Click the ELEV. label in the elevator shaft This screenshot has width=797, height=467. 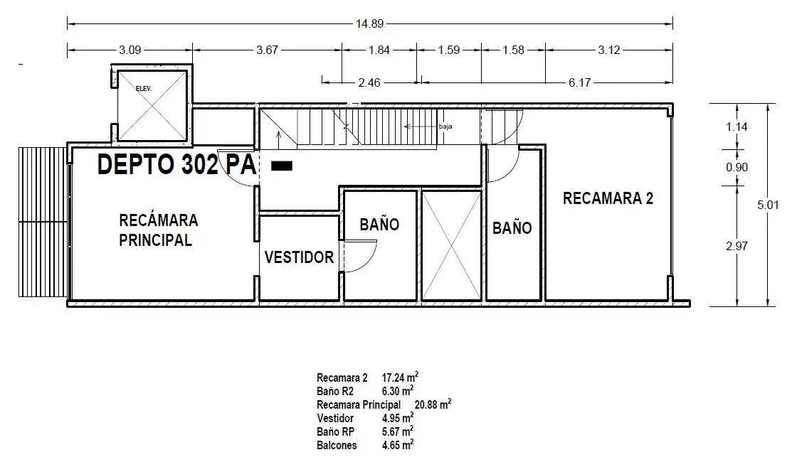coord(144,89)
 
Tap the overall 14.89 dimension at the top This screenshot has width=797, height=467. coord(369,23)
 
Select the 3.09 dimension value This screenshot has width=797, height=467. coord(130,50)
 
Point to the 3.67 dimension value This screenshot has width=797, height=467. coord(268,50)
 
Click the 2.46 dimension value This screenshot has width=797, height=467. coord(369,82)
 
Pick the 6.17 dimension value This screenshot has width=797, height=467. coord(579,82)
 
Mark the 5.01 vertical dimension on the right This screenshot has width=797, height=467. coord(768,205)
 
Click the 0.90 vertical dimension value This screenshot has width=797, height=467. coord(737,167)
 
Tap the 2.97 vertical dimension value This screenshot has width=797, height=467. coord(737,246)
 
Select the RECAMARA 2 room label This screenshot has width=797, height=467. coord(608,198)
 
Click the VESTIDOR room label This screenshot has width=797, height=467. coord(299,257)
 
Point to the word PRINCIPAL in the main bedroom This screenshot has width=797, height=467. coord(156,240)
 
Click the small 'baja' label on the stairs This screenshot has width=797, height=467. coord(445,127)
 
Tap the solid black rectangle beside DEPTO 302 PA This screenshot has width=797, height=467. coord(282,166)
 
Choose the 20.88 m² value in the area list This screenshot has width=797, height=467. coord(433,404)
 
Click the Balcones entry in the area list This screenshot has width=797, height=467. coord(337,445)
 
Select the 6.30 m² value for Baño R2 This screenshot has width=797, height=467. coord(398,390)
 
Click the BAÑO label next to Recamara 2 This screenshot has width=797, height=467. coord(512,228)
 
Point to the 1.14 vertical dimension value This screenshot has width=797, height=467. coord(737,127)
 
